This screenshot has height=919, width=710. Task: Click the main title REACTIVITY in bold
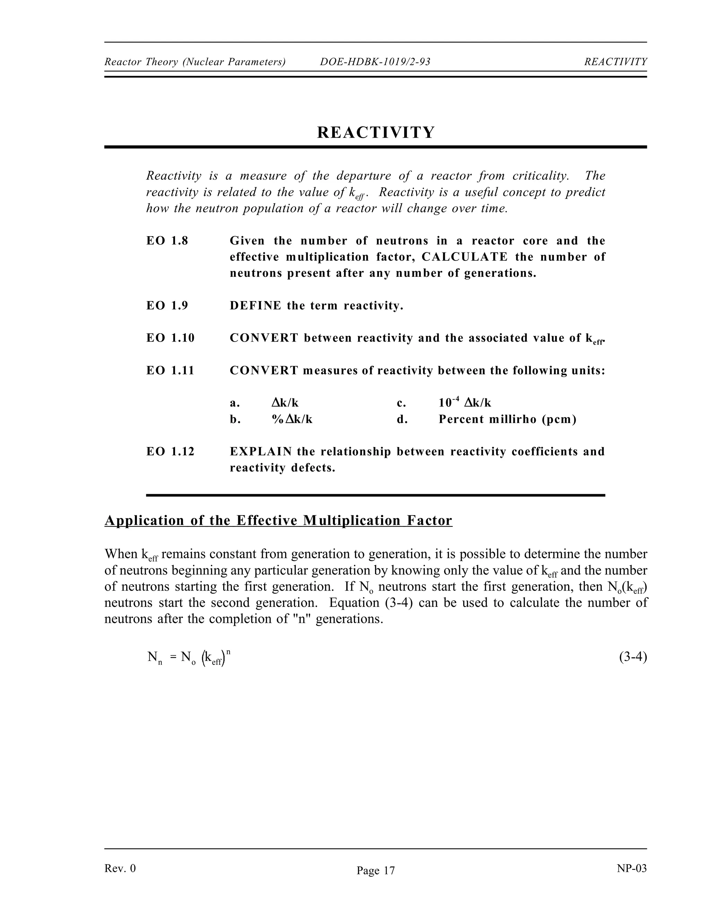coord(375,132)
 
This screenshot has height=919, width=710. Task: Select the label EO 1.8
coord(167,241)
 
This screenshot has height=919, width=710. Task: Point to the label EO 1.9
coord(167,306)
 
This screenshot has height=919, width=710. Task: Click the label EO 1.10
coord(170,338)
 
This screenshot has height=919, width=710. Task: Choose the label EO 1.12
coord(170,452)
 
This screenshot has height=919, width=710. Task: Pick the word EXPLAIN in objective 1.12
coord(260,452)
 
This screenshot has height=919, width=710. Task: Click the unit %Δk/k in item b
coord(292,419)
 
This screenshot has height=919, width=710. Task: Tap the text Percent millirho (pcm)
coord(507,419)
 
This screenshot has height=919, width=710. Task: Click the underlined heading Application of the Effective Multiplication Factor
coord(278,521)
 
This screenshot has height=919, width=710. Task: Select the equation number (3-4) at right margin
coord(633,657)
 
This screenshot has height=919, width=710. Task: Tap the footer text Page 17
coord(375,870)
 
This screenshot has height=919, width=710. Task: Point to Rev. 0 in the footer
coord(120,868)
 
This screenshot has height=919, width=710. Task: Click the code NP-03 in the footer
coord(631,868)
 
